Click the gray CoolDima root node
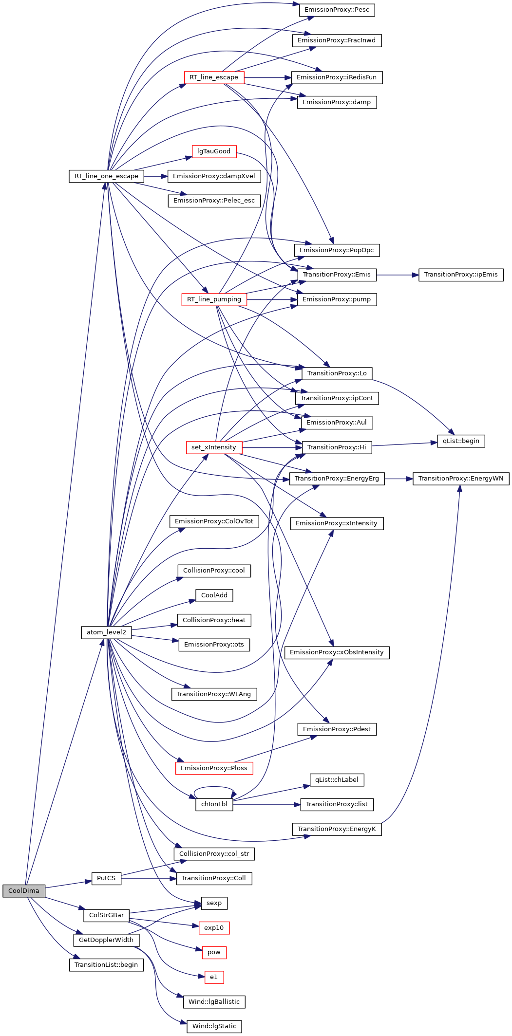click(x=23, y=891)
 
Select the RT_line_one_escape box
click(x=106, y=176)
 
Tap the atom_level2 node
click(x=106, y=632)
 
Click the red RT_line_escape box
click(x=214, y=77)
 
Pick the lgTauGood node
click(x=214, y=151)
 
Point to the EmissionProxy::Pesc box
click(x=337, y=10)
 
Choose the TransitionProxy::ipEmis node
click(x=461, y=275)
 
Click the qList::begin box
click(x=461, y=441)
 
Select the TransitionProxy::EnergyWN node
click(x=461, y=479)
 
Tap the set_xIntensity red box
click(x=214, y=447)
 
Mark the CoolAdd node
click(x=214, y=595)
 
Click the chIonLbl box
click(x=214, y=804)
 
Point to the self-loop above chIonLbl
click(x=214, y=787)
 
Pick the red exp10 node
click(x=214, y=928)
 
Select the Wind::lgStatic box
click(x=214, y=1026)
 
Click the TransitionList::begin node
click(x=106, y=965)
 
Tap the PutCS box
click(x=106, y=878)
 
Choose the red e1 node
click(x=214, y=977)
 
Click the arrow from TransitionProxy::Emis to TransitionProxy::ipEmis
click(x=397, y=275)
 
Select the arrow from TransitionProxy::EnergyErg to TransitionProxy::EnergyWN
click(x=398, y=479)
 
